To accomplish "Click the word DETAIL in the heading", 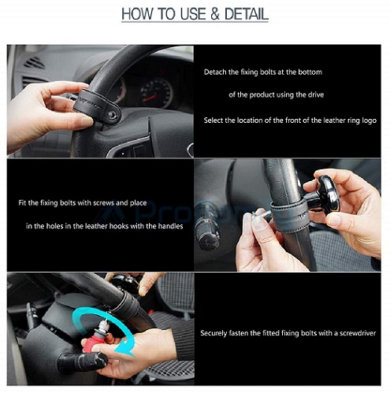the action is click(x=247, y=14).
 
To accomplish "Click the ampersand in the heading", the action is click(x=215, y=14).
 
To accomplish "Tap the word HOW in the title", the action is click(x=137, y=14).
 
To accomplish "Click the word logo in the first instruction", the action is click(x=370, y=120).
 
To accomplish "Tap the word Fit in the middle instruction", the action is click(x=22, y=202).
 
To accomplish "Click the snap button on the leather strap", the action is click(x=113, y=115).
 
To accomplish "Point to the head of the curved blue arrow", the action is click(x=125, y=349).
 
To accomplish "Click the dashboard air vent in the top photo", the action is click(x=34, y=63).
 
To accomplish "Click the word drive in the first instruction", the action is click(x=316, y=95).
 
